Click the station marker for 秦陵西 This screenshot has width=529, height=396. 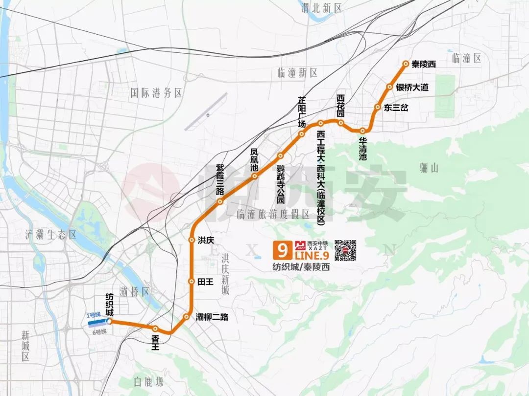406,64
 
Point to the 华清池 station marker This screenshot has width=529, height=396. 362,131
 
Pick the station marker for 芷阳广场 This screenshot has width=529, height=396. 302,134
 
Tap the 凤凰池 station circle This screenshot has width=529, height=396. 255,176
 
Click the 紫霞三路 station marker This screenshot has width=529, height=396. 220,201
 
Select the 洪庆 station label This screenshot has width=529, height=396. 206,240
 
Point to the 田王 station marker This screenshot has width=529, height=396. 192,281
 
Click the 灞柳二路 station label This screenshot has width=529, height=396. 212,317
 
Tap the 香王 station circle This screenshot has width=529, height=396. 155,329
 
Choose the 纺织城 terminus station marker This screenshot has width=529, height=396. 109,321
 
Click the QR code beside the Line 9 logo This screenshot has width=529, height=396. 345,250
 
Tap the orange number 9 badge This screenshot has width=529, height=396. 282,250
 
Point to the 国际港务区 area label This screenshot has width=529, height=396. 156,93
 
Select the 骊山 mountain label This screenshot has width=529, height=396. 429,168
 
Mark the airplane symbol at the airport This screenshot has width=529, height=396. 209,115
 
